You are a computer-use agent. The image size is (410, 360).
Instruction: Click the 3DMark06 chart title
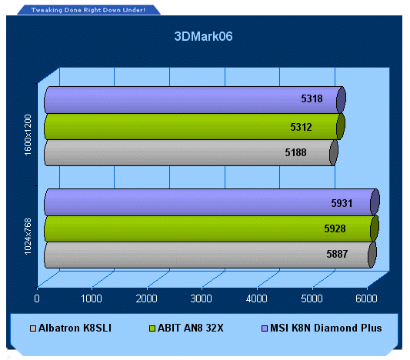[x=203, y=36]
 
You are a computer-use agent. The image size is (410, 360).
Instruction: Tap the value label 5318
[x=312, y=98]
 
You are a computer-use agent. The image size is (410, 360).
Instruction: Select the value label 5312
[x=301, y=127]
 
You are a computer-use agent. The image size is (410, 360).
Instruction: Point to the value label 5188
[x=295, y=152]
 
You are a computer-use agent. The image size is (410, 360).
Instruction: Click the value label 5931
[x=342, y=203]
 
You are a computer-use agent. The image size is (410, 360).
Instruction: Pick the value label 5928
[x=335, y=228]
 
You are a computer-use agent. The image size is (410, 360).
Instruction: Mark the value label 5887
[x=337, y=254]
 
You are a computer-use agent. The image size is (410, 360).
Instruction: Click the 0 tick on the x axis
[x=37, y=298]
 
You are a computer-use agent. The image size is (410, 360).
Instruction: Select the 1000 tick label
[x=92, y=298]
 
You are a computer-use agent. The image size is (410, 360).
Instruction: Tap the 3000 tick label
[x=201, y=298]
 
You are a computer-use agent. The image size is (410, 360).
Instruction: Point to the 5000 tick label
[x=312, y=298]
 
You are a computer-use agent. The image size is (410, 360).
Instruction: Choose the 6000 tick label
[x=366, y=298]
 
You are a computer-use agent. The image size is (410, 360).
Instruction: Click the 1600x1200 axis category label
[x=28, y=135]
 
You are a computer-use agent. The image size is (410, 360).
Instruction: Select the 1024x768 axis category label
[x=28, y=236]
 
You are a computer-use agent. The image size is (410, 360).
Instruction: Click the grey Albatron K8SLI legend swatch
[x=33, y=328]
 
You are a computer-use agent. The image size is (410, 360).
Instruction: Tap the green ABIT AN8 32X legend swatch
[x=152, y=328]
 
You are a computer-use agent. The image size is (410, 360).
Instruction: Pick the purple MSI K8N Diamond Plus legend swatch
[x=265, y=328]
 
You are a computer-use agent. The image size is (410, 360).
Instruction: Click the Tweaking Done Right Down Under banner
[x=88, y=10]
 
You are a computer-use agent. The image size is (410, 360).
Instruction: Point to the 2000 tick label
[x=146, y=298]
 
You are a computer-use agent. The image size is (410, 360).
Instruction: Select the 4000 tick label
[x=256, y=298]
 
